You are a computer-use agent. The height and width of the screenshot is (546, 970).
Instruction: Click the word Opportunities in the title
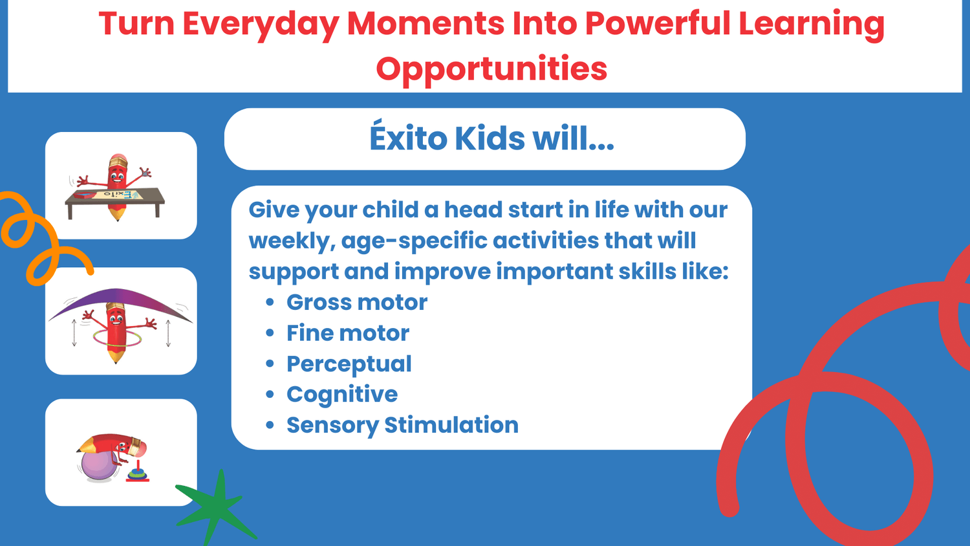coord(491,69)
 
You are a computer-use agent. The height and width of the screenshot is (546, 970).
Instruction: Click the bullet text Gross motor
coord(357,302)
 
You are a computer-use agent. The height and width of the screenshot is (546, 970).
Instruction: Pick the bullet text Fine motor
coord(348,333)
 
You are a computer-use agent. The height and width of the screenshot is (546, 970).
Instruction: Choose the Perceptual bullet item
coord(349,364)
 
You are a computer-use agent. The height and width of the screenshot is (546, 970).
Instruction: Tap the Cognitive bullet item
coord(342,395)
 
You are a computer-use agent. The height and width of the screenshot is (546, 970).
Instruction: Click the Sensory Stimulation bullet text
coord(402,425)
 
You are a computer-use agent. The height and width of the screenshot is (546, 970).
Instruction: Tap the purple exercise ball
coord(98,466)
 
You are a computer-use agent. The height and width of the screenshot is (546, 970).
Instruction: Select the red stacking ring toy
coord(138,472)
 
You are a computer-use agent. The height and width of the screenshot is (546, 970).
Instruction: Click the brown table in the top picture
coord(114,202)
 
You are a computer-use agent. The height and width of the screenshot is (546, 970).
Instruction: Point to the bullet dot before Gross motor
coord(270,302)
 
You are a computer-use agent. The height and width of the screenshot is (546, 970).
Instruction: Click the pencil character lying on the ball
coord(113,446)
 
